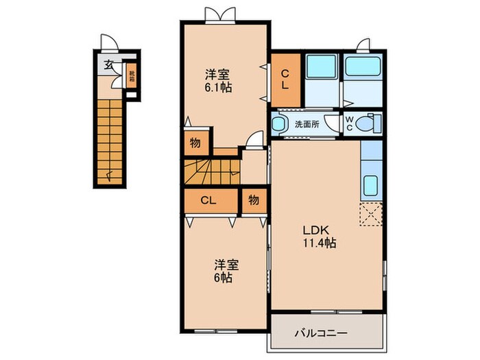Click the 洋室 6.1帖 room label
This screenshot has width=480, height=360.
coord(218,80)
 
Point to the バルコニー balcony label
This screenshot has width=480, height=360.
coord(321,334)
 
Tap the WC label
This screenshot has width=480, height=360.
coord(349,124)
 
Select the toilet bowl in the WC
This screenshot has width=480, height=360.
coord(369,124)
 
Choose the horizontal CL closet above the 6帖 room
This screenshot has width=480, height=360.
coord(210,200)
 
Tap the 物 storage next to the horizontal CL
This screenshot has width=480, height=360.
coord(254,200)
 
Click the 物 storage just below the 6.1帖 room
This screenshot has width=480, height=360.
coord(195,144)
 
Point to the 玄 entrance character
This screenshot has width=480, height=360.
coord(108,66)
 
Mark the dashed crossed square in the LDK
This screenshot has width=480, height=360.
coord(371,215)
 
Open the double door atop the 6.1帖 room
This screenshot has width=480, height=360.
coord(214,14)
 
